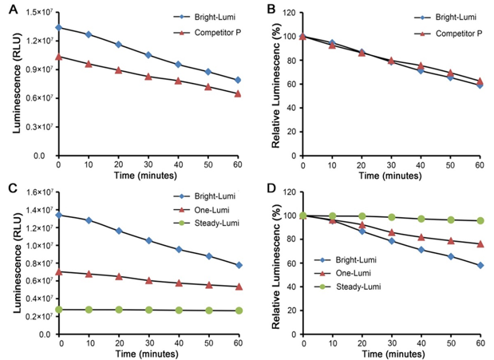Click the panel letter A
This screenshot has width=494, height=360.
(x=7, y=10)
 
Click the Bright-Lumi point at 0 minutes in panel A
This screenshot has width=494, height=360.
(x=59, y=27)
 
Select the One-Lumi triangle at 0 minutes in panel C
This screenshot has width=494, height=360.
(x=59, y=271)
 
